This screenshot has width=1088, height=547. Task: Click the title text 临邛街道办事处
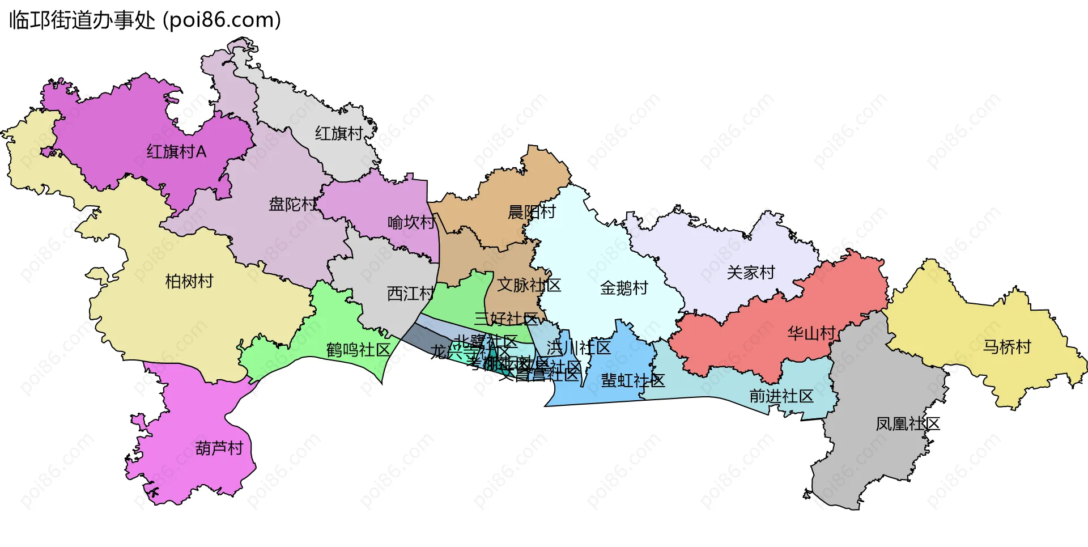click(x=82, y=20)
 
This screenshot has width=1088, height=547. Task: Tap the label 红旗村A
click(x=176, y=152)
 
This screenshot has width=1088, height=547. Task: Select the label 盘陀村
click(x=292, y=204)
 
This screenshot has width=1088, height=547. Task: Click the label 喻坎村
click(x=411, y=222)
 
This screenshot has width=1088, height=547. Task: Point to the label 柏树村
click(x=189, y=281)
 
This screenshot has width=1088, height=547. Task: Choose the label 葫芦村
click(x=219, y=448)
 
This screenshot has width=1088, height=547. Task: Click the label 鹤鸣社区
click(x=359, y=350)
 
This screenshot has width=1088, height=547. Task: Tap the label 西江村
click(x=410, y=294)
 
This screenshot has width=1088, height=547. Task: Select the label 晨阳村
click(x=532, y=212)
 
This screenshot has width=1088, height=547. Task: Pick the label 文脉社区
click(x=529, y=285)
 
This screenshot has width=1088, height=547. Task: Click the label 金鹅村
click(x=624, y=288)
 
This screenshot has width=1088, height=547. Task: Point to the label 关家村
click(x=751, y=273)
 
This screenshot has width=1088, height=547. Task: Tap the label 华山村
click(x=811, y=333)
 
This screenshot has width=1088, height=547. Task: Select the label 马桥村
click(x=1007, y=347)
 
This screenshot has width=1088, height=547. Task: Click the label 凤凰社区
click(x=908, y=424)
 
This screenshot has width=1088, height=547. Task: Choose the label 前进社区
click(x=781, y=396)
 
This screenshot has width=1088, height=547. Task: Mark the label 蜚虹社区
click(x=633, y=380)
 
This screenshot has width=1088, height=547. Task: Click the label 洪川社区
click(x=579, y=347)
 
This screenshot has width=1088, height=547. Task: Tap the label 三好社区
click(x=506, y=319)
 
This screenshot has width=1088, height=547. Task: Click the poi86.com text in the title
click(x=222, y=20)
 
